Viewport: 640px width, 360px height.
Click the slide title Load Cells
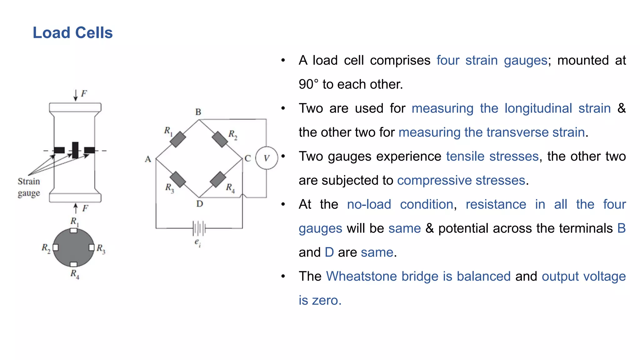tap(72, 33)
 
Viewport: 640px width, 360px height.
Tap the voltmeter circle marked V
tap(267, 158)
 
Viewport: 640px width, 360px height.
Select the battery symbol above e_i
tap(199, 228)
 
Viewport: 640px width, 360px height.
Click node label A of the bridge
tap(148, 159)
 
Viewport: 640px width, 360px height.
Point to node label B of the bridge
tap(198, 112)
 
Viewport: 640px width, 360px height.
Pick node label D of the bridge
tap(199, 204)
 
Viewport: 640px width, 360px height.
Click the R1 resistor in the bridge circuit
tap(178, 139)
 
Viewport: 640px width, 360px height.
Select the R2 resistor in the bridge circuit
tap(220, 139)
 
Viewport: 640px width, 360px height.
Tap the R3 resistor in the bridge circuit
tap(178, 179)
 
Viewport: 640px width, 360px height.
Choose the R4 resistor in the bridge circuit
tap(218, 179)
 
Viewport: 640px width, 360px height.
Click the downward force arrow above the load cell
tap(75, 95)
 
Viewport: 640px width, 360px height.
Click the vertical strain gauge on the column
tap(75, 150)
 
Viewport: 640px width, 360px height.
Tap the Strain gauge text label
tap(29, 187)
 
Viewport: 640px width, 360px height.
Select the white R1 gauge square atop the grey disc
tap(73, 231)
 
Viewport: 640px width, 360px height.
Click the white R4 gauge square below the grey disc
tap(73, 264)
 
